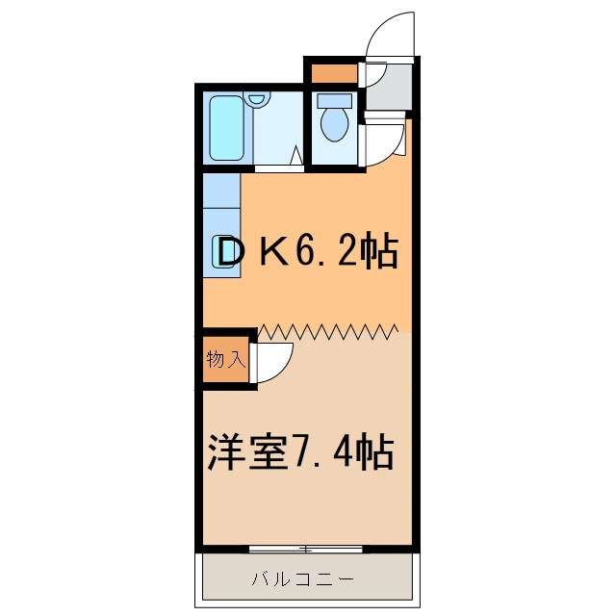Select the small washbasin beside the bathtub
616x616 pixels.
point(256,99)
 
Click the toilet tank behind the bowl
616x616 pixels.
point(334,99)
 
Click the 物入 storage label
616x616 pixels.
point(226,360)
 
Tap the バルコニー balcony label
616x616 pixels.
point(303,579)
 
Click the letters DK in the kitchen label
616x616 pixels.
point(252,254)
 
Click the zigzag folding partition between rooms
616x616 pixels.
point(327,332)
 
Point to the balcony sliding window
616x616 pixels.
point(305,550)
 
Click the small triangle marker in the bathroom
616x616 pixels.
point(297,154)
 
